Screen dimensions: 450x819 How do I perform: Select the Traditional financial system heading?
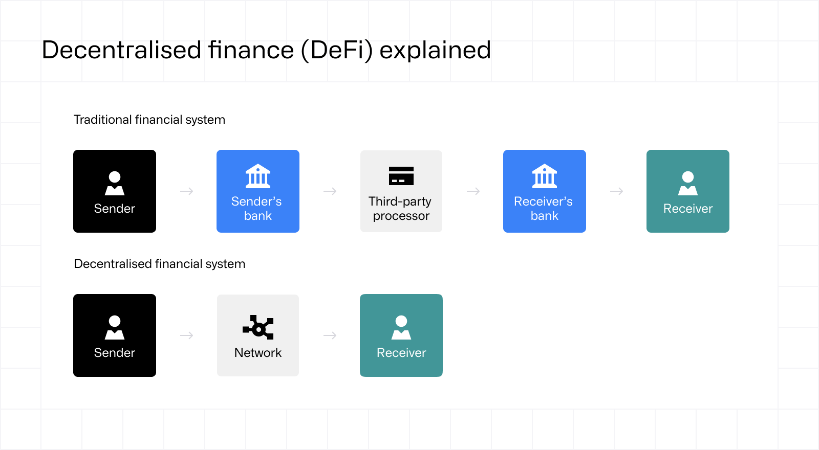tap(149, 120)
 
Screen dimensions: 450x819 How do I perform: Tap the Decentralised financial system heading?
tap(160, 264)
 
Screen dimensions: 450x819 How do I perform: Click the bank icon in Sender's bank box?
tap(258, 176)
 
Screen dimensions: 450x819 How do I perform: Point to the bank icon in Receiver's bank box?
tap(545, 176)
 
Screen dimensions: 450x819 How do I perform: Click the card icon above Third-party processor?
tap(401, 176)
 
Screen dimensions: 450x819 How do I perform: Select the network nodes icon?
tap(258, 327)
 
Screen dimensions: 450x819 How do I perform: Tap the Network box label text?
tap(258, 353)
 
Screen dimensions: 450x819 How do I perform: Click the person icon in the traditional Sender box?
tap(115, 183)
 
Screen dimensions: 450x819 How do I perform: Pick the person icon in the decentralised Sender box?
tap(115, 327)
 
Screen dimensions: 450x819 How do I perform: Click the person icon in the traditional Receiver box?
tap(688, 183)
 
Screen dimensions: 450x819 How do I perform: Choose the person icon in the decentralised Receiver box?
tap(401, 327)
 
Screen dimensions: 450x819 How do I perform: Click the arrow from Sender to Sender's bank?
tap(187, 191)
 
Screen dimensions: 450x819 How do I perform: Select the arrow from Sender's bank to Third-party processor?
tap(330, 191)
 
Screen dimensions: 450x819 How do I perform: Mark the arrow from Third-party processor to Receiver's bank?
tap(473, 191)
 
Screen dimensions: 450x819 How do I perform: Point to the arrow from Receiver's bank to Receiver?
tap(617, 191)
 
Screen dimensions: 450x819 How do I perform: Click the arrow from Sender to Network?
tap(187, 335)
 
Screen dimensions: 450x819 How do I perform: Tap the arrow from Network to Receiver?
tap(330, 335)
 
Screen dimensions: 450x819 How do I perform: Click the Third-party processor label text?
tap(401, 209)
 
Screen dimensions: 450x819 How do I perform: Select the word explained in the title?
tap(435, 50)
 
